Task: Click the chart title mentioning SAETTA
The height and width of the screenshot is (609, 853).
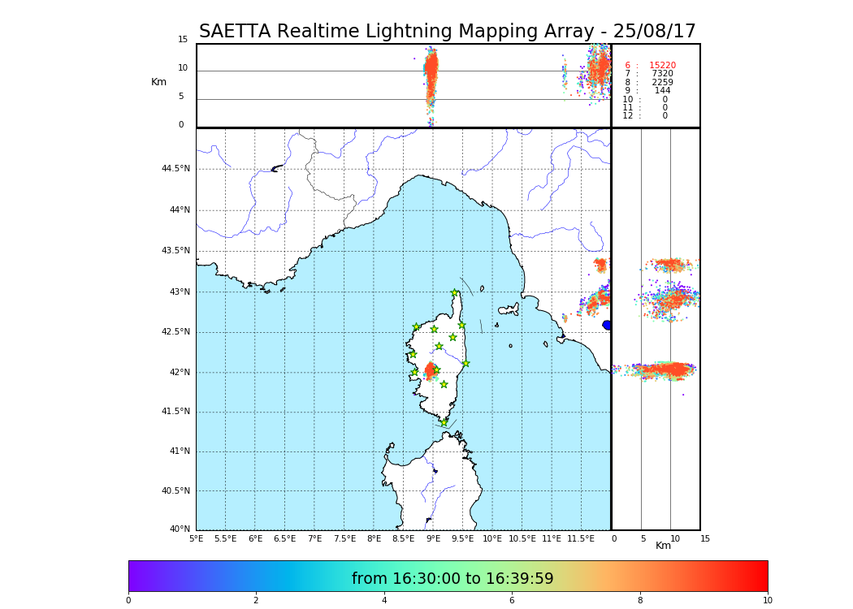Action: pos(447,32)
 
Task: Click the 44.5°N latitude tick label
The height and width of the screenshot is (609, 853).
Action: pos(175,169)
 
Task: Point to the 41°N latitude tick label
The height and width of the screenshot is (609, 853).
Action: pos(178,451)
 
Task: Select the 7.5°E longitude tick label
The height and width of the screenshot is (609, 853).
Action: pos(344,539)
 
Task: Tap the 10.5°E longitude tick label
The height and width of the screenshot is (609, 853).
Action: pos(522,539)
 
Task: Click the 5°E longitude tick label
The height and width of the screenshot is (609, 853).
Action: pos(197,539)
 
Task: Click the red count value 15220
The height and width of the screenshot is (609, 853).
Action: pos(662,66)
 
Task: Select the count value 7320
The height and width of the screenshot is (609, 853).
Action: pos(662,74)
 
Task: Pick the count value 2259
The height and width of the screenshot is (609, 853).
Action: pos(662,83)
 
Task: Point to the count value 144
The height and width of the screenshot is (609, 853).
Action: pos(663,91)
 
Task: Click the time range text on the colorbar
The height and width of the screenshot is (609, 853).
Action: pos(452,579)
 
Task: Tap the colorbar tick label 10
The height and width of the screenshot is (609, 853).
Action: pos(767,601)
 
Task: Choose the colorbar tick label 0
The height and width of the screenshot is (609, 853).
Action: pos(128,601)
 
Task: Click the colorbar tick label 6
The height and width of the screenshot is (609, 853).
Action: pos(512,601)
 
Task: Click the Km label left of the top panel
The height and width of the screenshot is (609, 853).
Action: pos(158,82)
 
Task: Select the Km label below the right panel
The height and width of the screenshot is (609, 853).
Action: pos(664,546)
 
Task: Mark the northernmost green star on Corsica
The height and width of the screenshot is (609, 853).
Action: pos(455,293)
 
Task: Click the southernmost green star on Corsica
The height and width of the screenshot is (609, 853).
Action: pos(444,422)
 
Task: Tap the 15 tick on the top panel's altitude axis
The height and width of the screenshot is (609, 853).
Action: pos(183,40)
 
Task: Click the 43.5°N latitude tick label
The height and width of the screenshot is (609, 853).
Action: pos(175,251)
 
